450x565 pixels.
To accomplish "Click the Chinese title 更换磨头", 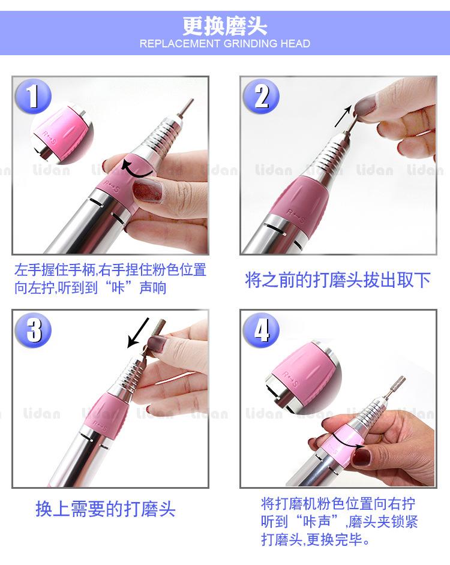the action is pyautogui.click(x=224, y=26).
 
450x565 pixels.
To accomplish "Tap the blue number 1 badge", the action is pyautogui.click(x=33, y=96).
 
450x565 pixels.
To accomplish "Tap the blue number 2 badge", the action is pyautogui.click(x=261, y=96).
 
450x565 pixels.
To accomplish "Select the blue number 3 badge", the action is pyautogui.click(x=33, y=330).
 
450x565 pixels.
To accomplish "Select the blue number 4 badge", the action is pyautogui.click(x=261, y=330).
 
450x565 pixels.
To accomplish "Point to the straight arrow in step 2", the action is pyautogui.click(x=343, y=116).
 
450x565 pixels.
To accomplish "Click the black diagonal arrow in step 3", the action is pyautogui.click(x=138, y=333).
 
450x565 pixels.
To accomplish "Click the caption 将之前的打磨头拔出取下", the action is pyautogui.click(x=338, y=280).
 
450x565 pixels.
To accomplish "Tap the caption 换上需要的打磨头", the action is pyautogui.click(x=105, y=509).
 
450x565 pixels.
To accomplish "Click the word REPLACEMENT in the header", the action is pyautogui.click(x=180, y=44).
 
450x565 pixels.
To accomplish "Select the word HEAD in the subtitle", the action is pyautogui.click(x=295, y=44).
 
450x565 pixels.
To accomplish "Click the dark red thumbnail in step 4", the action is pyautogui.click(x=361, y=457).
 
